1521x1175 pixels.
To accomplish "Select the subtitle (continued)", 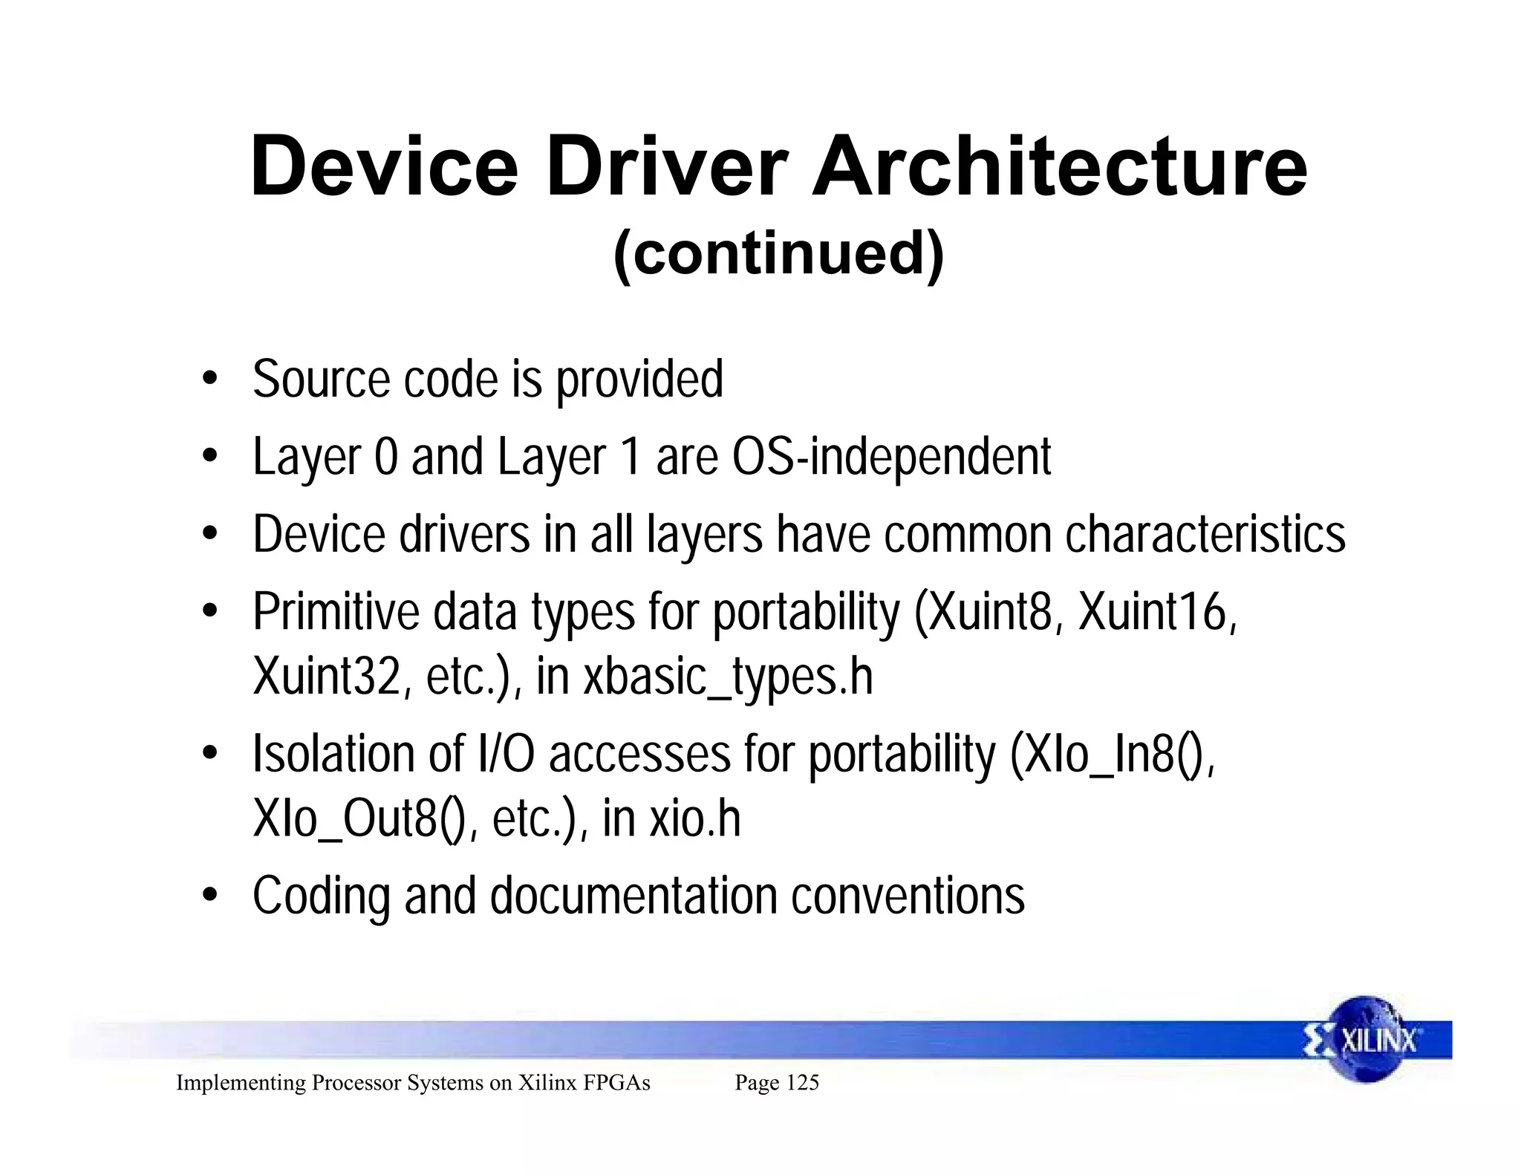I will (778, 253).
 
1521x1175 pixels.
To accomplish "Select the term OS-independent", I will (891, 457).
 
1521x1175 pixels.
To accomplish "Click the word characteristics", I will (1205, 535).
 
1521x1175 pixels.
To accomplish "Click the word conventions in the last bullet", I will (908, 896).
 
